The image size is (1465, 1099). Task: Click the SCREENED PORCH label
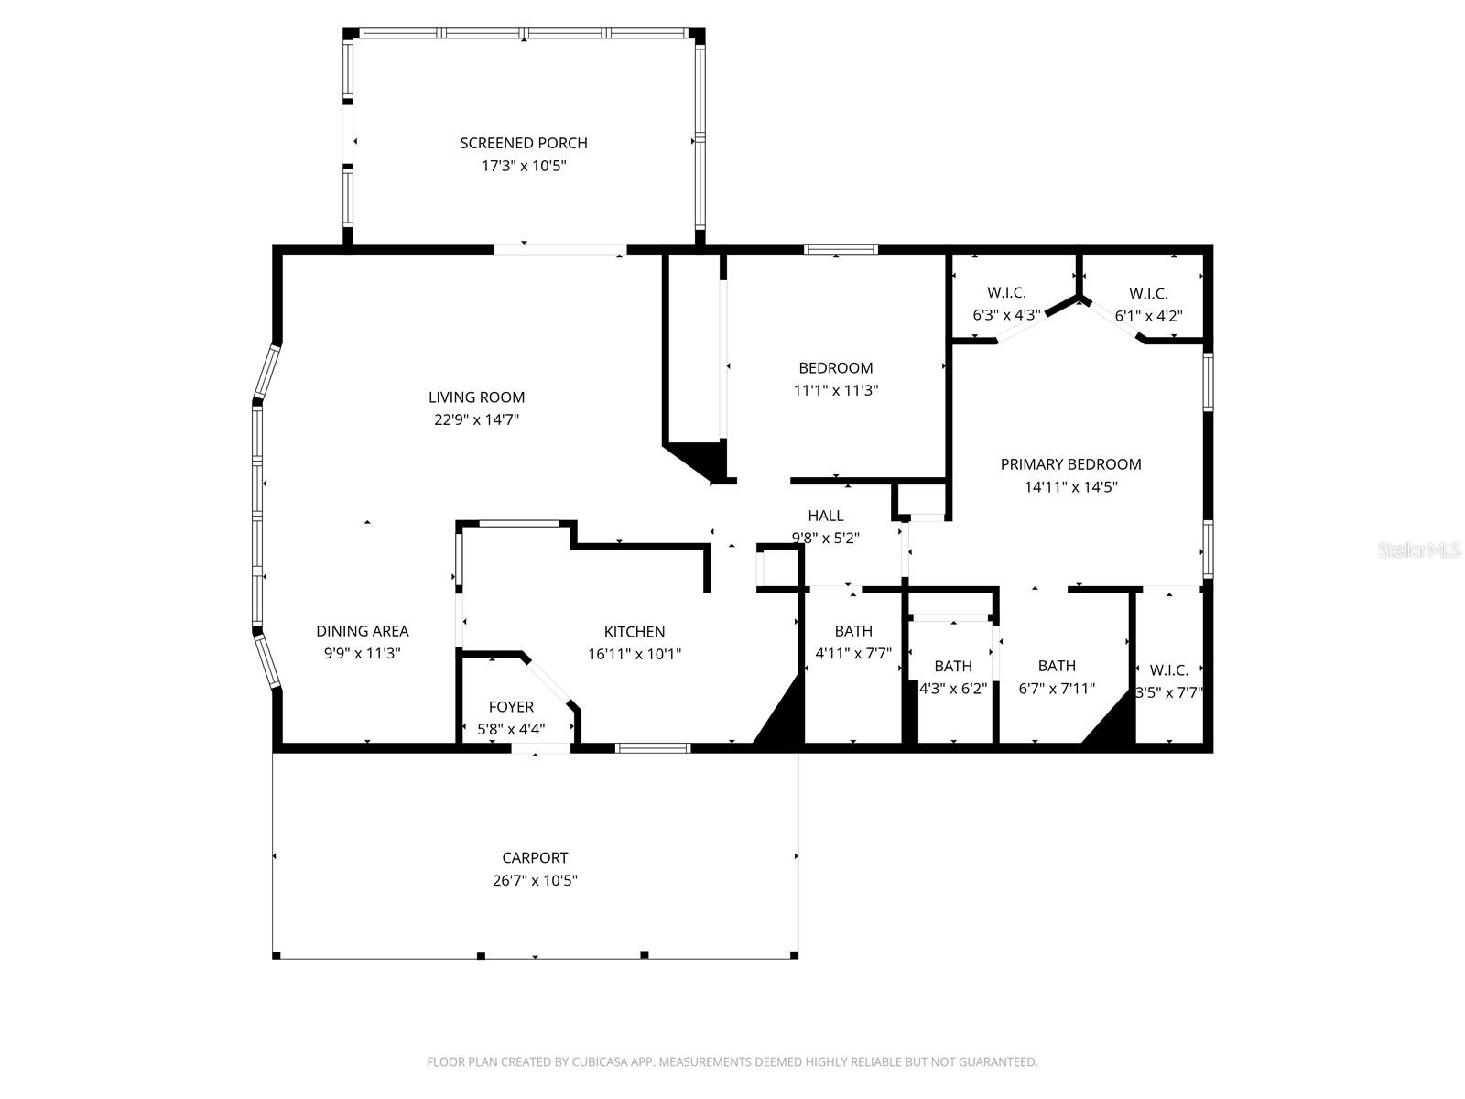(x=523, y=143)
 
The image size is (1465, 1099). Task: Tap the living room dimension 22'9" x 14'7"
(x=476, y=420)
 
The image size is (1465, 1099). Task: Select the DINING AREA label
(x=362, y=631)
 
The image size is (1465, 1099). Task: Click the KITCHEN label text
(x=634, y=632)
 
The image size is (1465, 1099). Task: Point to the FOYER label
(x=511, y=707)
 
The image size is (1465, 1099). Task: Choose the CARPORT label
(x=535, y=858)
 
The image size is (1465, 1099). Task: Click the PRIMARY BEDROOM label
(x=1070, y=464)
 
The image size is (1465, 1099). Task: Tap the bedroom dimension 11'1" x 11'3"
(x=835, y=390)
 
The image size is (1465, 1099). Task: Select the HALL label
(x=825, y=517)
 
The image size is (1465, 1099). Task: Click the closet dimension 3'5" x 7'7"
(x=1168, y=693)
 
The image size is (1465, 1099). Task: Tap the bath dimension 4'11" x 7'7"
(x=852, y=654)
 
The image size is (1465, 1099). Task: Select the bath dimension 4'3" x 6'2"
(x=953, y=689)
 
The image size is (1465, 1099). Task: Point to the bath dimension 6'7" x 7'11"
(x=1057, y=689)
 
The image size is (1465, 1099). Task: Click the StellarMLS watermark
(x=1420, y=550)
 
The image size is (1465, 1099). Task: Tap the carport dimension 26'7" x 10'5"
(x=535, y=881)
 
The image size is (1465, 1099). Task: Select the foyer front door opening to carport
(x=540, y=749)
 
